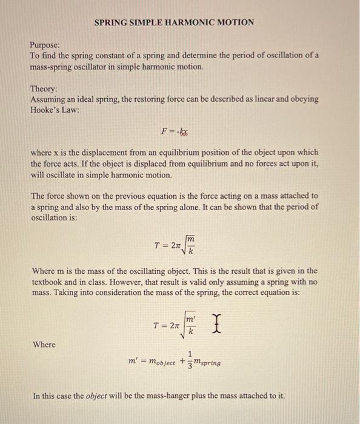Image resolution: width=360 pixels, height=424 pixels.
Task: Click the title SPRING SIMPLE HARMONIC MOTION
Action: (x=175, y=22)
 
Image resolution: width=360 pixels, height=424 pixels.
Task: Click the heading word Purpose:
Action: (x=46, y=45)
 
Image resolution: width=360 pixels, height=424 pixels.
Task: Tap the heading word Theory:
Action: (x=44, y=88)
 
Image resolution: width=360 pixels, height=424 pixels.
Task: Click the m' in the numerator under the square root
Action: (x=190, y=319)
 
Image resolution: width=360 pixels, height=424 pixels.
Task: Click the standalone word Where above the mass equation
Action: (x=44, y=345)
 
